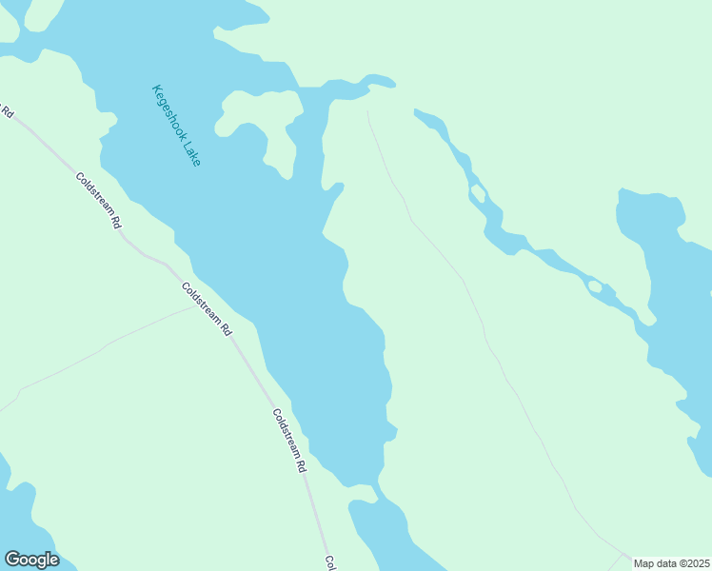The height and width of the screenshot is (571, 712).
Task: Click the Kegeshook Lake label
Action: [176, 127]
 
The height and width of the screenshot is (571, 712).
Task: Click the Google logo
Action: [31, 560]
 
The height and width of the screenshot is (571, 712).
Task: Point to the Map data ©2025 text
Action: [671, 563]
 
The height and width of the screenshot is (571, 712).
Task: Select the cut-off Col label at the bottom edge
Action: [329, 562]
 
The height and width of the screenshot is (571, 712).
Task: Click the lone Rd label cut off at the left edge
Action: [7, 110]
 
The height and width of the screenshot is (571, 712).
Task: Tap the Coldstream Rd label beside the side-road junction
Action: [207, 310]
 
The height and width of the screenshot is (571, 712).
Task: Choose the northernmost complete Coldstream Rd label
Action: [100, 200]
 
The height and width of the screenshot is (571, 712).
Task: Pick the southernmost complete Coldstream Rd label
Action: [289, 442]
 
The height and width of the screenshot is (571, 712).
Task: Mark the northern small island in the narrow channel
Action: [479, 194]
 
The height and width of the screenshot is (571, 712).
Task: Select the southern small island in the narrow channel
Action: [595, 285]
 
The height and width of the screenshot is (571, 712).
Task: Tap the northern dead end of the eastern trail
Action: [368, 112]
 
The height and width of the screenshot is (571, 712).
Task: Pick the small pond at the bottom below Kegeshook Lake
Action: [390, 533]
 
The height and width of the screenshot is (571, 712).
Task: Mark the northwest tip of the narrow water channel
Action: [416, 112]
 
